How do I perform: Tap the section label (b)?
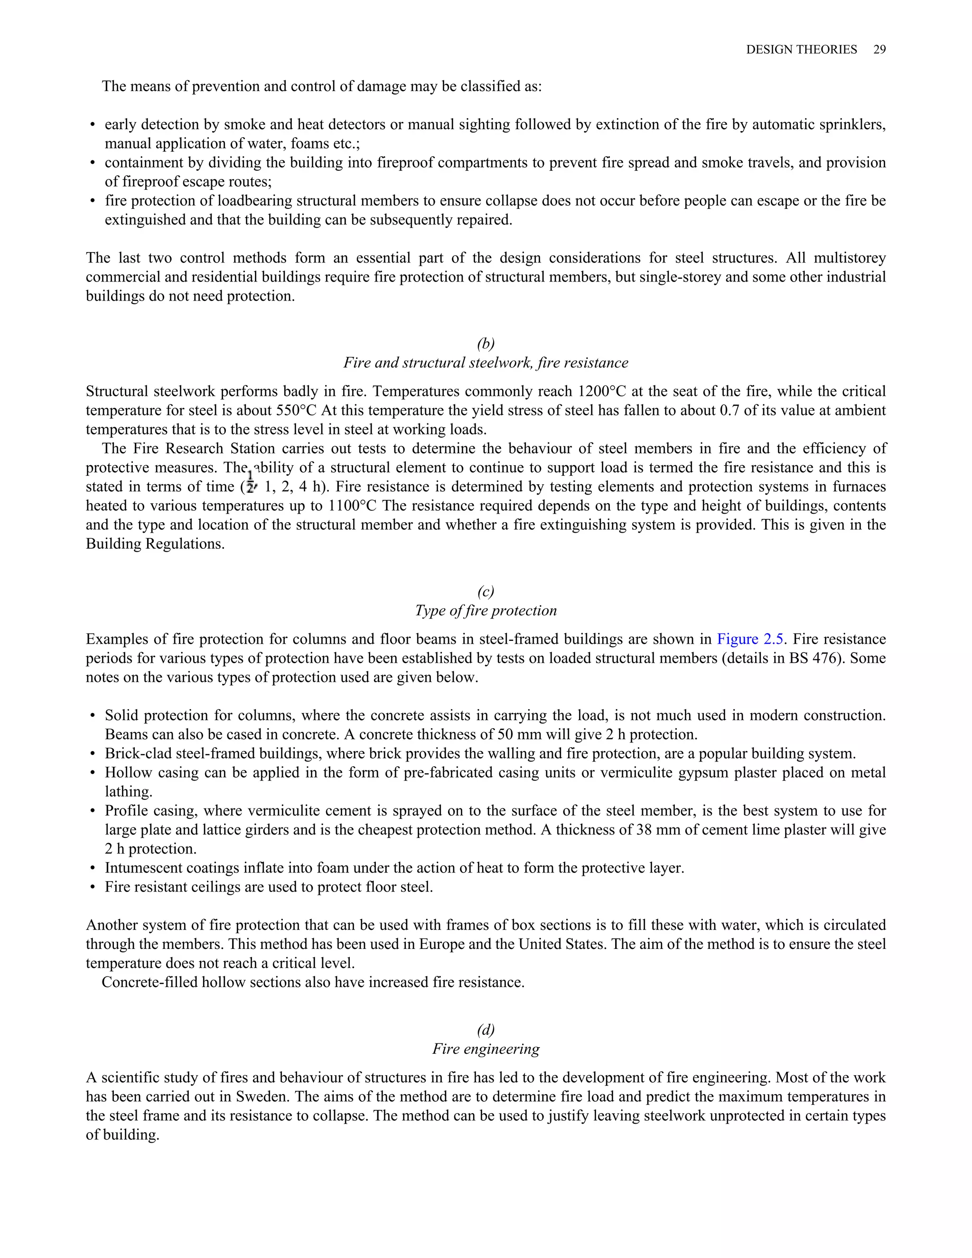point(486,343)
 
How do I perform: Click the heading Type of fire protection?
point(486,610)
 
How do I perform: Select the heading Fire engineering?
point(486,1049)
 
